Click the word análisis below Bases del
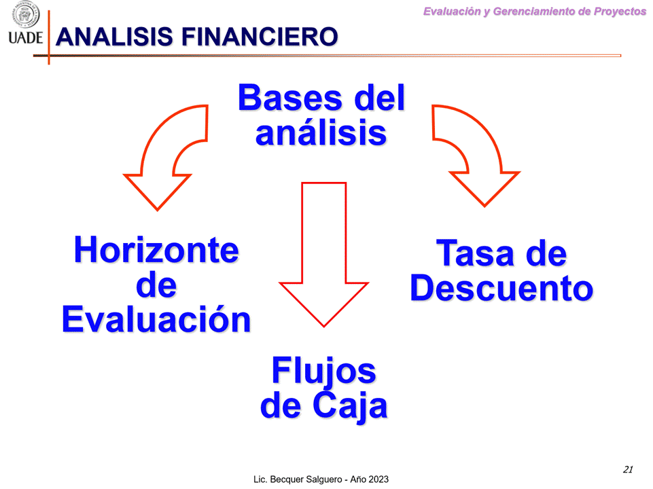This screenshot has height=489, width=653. click(321, 132)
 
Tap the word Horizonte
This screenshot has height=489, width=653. click(156, 250)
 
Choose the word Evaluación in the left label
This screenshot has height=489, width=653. click(156, 320)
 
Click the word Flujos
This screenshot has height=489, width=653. click(323, 372)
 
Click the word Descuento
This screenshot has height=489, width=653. click(501, 288)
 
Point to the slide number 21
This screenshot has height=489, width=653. click(628, 469)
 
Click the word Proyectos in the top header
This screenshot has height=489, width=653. click(617, 12)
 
